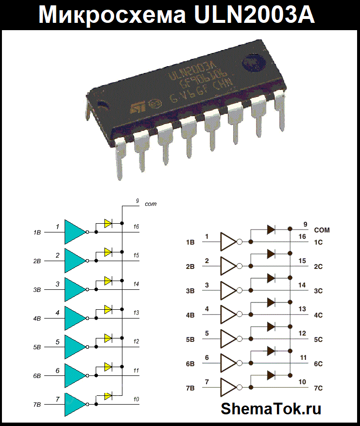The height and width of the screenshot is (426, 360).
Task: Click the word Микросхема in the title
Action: [x=113, y=15]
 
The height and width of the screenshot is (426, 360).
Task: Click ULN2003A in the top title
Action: [x=254, y=15]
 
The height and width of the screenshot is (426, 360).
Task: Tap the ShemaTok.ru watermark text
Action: [x=271, y=408]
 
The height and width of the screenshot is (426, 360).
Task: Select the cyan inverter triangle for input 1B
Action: [x=74, y=232]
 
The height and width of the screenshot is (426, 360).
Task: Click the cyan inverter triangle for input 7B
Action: [x=74, y=405]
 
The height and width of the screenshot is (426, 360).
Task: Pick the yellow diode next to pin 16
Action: [x=108, y=224]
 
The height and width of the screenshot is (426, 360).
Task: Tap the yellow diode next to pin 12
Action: [x=108, y=338]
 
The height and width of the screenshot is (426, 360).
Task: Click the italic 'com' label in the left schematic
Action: [x=151, y=204]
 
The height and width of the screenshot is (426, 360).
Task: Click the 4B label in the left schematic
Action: [x=37, y=319]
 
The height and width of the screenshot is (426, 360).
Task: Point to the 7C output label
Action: [x=318, y=388]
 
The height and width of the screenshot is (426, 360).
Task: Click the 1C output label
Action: [x=318, y=242]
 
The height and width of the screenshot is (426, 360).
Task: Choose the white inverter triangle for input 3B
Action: [x=228, y=290]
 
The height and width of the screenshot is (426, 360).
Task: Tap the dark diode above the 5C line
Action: [x=271, y=326]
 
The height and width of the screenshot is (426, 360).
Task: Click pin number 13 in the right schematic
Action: [x=302, y=309]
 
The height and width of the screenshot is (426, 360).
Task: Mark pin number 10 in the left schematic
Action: [x=136, y=399]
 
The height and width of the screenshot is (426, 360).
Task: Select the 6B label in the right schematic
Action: [x=190, y=364]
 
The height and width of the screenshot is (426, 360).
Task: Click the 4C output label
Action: [x=318, y=315]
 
